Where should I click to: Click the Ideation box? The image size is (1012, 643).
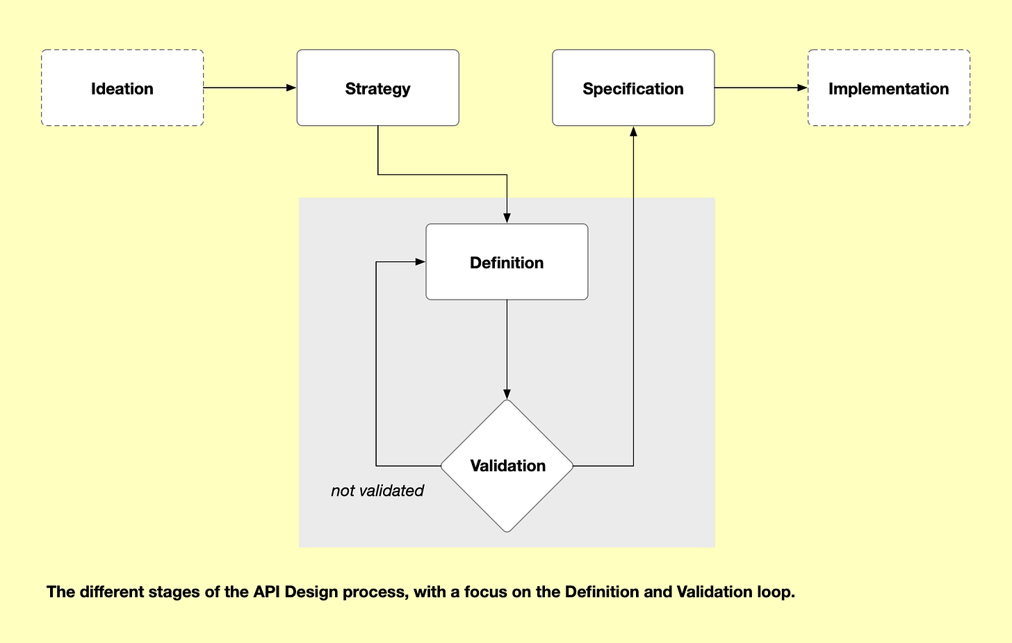122,88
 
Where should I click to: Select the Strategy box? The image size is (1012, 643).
377,88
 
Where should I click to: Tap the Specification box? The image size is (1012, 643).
633,88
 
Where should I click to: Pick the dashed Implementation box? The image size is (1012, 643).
889,88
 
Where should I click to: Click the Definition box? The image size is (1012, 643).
507,261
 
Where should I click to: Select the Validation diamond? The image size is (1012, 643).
507,466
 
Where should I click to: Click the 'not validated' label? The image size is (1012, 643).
377,491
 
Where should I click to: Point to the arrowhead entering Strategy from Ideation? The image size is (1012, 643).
291,88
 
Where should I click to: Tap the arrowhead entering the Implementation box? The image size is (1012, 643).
802,88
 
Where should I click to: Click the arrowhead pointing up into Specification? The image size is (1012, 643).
633,131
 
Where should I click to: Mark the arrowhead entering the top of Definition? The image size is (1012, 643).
507,218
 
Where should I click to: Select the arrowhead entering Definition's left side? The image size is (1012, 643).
420,261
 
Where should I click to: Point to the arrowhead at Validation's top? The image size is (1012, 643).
507,394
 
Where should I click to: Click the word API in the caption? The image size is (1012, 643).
267,592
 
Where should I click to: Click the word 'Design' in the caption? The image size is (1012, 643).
311,593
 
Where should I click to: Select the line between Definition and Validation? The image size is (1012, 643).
507,349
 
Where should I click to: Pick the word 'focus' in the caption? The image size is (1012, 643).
486,592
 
